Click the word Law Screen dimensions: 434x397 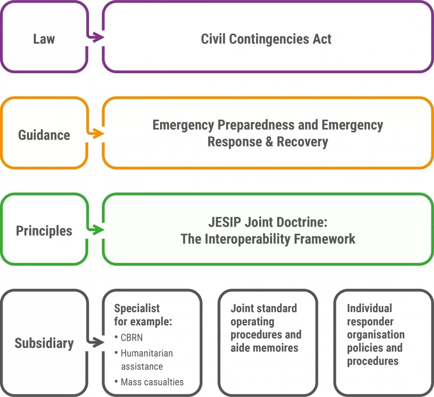click(x=44, y=39)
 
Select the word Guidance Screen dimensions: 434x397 click(x=44, y=135)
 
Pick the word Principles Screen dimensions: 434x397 click(x=44, y=231)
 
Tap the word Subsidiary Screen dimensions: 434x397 click(x=44, y=343)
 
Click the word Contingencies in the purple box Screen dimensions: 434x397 click(x=269, y=39)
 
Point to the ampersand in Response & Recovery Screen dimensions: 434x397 click(x=270, y=142)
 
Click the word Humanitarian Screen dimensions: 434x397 click(x=147, y=353)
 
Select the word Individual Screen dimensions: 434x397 click(x=369, y=308)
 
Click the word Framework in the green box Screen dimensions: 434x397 click(x=324, y=239)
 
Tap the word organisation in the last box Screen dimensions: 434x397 click(x=376, y=335)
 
